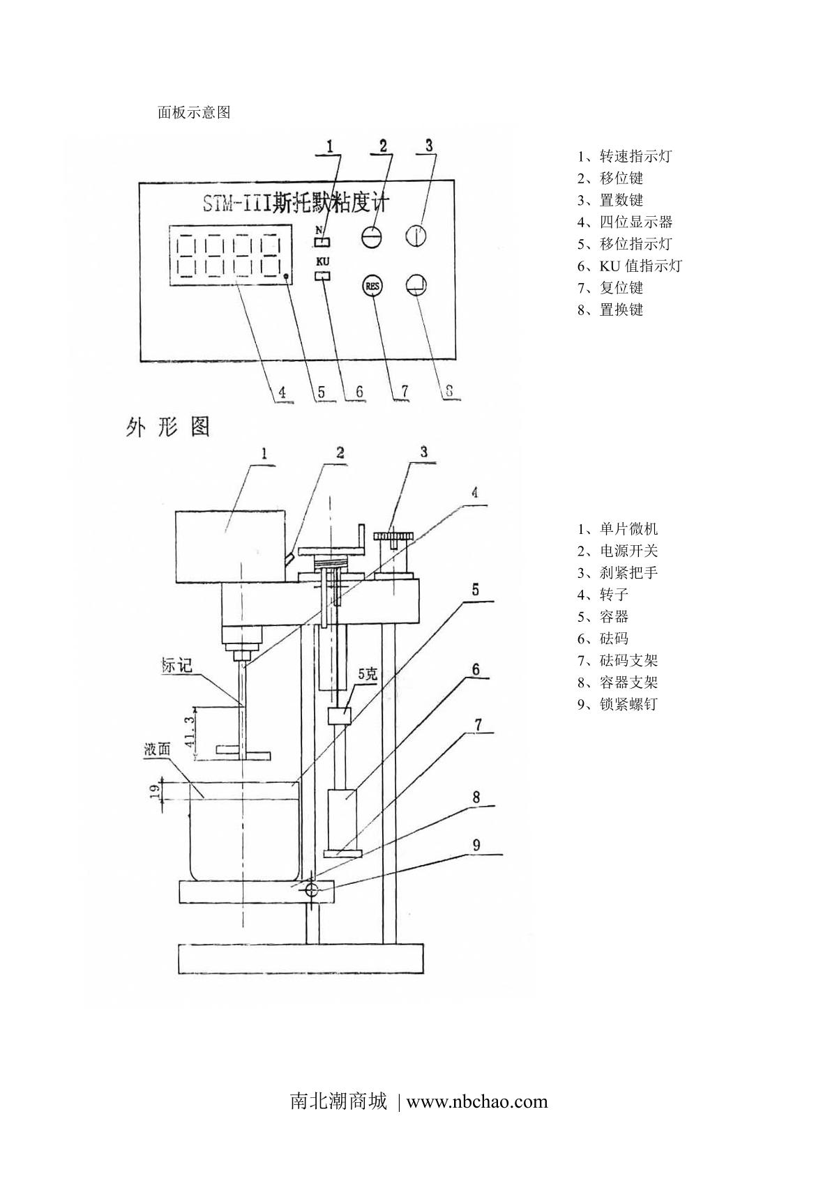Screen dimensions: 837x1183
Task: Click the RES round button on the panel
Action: click(372, 287)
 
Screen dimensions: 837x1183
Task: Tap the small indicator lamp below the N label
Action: click(322, 241)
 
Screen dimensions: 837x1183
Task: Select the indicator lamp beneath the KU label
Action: click(322, 275)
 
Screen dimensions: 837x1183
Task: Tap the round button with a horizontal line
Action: click(372, 236)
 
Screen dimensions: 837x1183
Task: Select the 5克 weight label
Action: click(368, 674)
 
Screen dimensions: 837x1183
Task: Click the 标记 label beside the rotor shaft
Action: click(177, 666)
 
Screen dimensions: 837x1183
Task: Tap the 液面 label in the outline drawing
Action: click(157, 749)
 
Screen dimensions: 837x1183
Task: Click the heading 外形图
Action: click(168, 427)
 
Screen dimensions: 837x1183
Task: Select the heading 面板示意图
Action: click(194, 112)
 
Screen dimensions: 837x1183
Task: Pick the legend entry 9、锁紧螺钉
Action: click(617, 704)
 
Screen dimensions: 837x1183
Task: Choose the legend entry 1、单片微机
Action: click(617, 528)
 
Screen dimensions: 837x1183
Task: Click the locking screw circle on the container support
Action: click(312, 891)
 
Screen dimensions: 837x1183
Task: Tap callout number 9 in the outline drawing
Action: click(476, 845)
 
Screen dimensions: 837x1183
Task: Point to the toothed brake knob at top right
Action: click(393, 537)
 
